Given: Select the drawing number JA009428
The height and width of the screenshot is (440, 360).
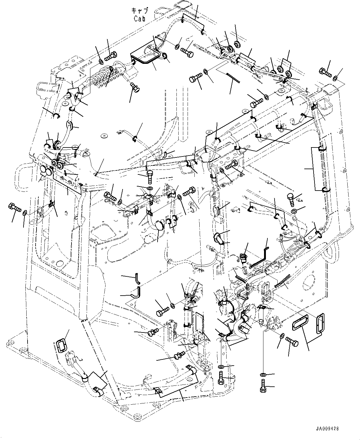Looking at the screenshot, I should (x=327, y=429).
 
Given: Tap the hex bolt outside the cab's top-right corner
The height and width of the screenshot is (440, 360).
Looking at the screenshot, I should (x=325, y=73).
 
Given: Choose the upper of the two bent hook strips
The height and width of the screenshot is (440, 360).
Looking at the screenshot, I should (x=137, y=278).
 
